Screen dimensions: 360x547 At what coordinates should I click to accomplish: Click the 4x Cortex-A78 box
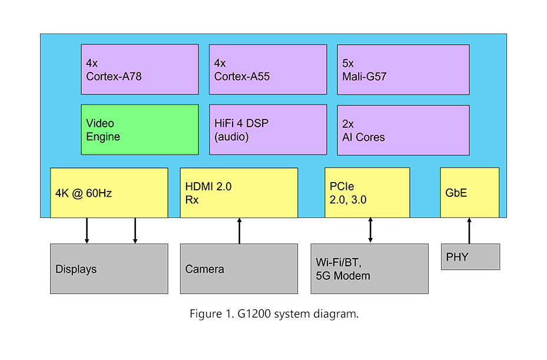tap(140, 70)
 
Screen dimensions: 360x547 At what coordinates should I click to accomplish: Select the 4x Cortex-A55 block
tap(267, 70)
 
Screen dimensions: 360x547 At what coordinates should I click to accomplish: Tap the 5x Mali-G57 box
tap(403, 70)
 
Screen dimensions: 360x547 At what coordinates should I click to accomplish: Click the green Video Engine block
tap(140, 130)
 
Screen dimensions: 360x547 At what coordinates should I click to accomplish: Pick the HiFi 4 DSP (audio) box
tap(267, 130)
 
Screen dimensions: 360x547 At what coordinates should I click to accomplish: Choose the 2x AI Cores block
tap(403, 130)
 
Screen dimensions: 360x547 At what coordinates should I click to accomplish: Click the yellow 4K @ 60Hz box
tap(109, 193)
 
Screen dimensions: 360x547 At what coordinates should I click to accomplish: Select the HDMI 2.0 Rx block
tap(238, 193)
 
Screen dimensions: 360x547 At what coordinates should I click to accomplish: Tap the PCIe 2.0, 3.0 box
tap(367, 193)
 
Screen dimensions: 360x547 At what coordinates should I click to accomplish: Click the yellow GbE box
tap(469, 193)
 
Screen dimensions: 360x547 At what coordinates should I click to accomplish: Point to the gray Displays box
tap(109, 269)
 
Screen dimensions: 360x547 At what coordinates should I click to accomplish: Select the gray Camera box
tap(238, 269)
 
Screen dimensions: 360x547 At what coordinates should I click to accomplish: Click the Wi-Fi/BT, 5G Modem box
tap(369, 269)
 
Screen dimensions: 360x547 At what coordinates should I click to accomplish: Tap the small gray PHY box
tap(470, 257)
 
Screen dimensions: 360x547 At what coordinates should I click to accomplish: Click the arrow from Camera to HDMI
tap(240, 231)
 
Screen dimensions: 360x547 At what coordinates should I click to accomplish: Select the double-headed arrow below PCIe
tap(370, 230)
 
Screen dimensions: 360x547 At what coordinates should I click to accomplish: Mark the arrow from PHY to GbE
tap(469, 231)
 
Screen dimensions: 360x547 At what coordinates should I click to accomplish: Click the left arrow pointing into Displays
tap(87, 231)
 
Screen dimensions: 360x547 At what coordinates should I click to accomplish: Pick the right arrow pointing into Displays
tap(135, 231)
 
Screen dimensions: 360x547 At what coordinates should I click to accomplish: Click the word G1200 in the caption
tap(256, 314)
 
